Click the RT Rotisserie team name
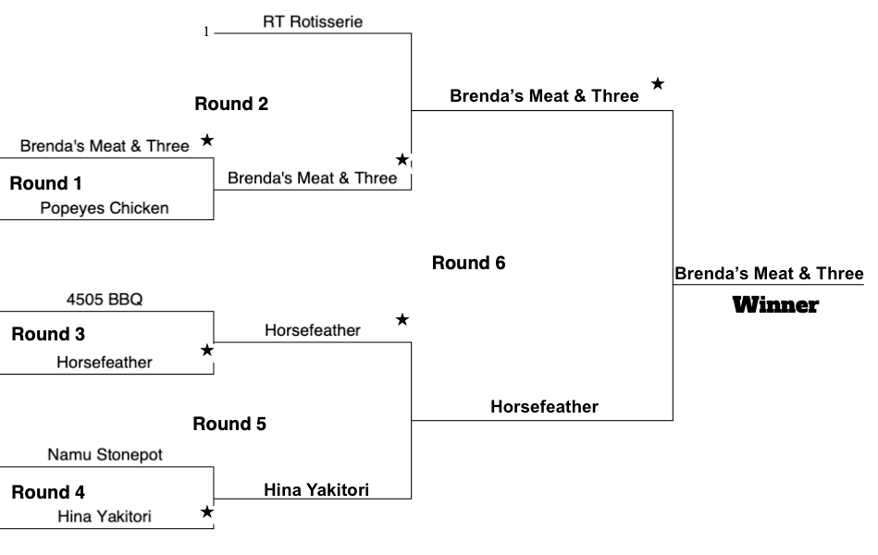(x=313, y=22)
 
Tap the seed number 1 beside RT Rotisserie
(x=206, y=32)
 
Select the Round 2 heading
(x=231, y=104)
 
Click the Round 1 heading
(x=46, y=183)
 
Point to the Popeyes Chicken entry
(x=105, y=208)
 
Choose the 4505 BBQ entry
(x=105, y=299)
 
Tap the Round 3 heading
(x=48, y=334)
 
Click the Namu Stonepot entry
(x=105, y=454)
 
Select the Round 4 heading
(x=48, y=492)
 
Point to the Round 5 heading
(x=229, y=424)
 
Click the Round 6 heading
(x=469, y=263)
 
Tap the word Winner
(x=775, y=305)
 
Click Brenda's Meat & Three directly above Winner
(x=769, y=273)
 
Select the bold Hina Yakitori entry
(x=316, y=490)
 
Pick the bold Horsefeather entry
(x=544, y=407)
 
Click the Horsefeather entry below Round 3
(x=105, y=363)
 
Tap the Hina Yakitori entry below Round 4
(x=105, y=516)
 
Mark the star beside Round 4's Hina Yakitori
(x=207, y=512)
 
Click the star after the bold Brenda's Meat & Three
(x=658, y=83)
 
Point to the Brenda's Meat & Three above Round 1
(x=105, y=146)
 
